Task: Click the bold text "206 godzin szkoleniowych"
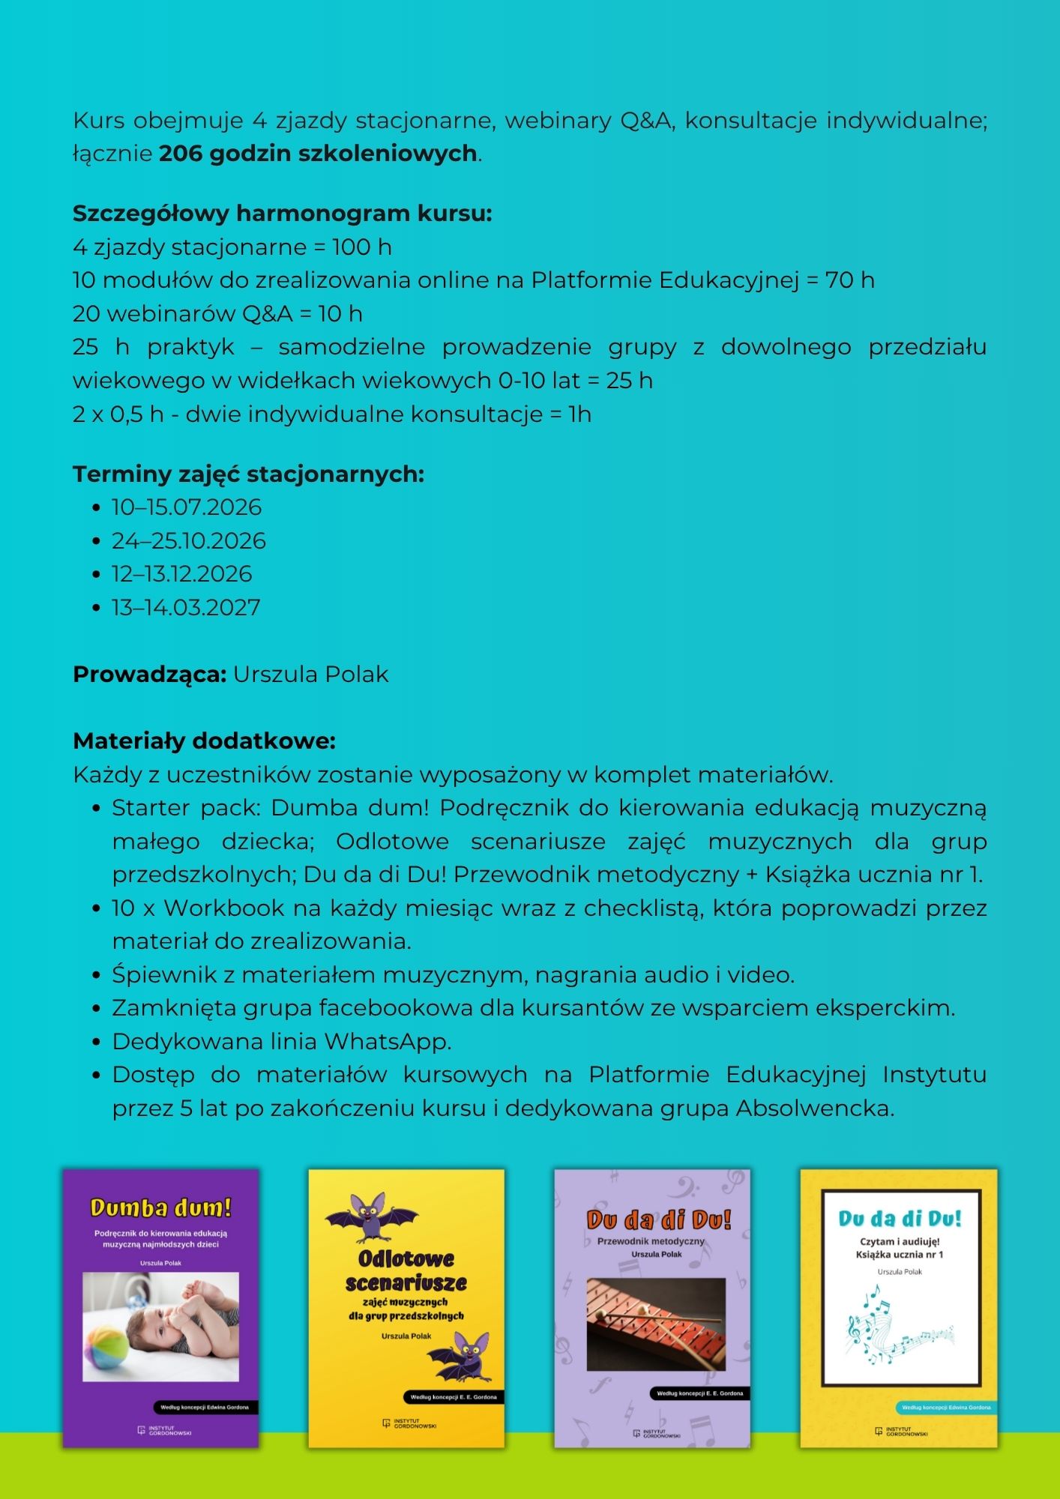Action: pyautogui.click(x=319, y=153)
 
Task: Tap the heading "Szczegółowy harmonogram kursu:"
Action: pyautogui.click(x=282, y=214)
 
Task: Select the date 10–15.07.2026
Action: pyautogui.click(x=187, y=507)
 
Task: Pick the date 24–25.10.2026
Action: pyautogui.click(x=189, y=540)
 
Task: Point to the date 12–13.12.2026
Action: pyautogui.click(x=182, y=574)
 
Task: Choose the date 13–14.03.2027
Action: pyautogui.click(x=186, y=607)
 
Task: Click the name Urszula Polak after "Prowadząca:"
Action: pyautogui.click(x=310, y=675)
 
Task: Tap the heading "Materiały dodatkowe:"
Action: pyautogui.click(x=204, y=741)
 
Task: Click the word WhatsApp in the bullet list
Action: pyautogui.click(x=387, y=1042)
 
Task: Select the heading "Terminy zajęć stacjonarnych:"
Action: pyautogui.click(x=248, y=474)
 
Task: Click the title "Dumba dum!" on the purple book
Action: pyautogui.click(x=160, y=1207)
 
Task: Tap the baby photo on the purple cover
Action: pyautogui.click(x=160, y=1327)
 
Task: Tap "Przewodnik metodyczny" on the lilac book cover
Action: pyautogui.click(x=651, y=1241)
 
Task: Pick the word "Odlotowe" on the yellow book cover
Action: pyautogui.click(x=406, y=1257)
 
